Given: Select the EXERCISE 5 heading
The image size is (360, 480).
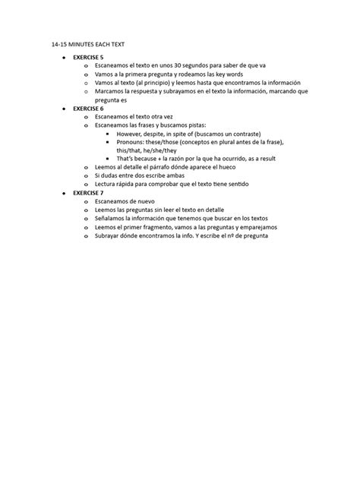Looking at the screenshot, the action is point(89,58).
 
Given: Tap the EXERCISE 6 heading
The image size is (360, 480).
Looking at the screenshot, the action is point(89,108).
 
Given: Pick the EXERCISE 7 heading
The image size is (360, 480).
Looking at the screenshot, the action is point(89,193).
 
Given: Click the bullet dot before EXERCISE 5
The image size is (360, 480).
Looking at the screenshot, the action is point(65,58).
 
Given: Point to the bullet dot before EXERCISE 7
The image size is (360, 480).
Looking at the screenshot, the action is point(65,193).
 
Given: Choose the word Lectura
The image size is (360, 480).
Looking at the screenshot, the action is point(107,185).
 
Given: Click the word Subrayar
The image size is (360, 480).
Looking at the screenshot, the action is point(109,235).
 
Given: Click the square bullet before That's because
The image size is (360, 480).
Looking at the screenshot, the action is point(108,159).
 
